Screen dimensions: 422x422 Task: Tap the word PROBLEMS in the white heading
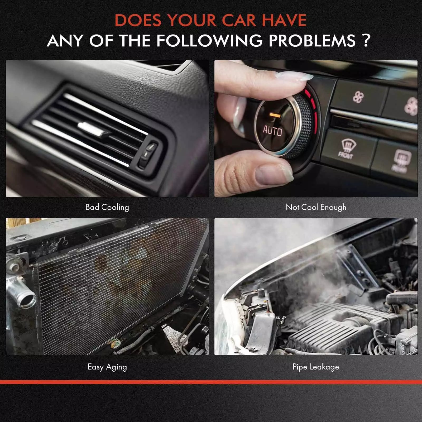tap(312, 41)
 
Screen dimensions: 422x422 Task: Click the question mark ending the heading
tap(366, 41)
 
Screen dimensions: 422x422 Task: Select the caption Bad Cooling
tap(107, 207)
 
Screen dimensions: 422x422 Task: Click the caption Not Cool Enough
tap(316, 207)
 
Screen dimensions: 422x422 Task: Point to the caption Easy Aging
tap(107, 367)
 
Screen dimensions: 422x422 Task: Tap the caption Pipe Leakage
tap(316, 367)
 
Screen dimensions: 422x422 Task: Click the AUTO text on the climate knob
tap(272, 131)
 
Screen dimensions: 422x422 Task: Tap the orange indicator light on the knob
tap(275, 115)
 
